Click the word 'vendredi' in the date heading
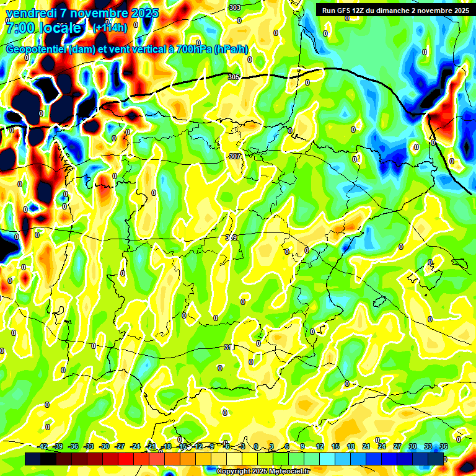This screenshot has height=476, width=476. (32, 13)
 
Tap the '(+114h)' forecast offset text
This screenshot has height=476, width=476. (110, 27)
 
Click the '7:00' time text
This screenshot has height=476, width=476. (19, 28)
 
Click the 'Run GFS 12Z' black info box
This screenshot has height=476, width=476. (394, 10)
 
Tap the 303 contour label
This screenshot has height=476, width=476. (234, 7)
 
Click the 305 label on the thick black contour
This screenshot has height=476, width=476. (234, 77)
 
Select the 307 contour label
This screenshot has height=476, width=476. (234, 156)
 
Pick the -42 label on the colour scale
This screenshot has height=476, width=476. (43, 447)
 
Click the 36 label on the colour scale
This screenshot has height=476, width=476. (444, 447)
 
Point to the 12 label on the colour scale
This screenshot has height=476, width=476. (320, 447)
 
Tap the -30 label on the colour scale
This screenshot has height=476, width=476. (105, 447)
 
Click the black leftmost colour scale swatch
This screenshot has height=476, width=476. (33, 459)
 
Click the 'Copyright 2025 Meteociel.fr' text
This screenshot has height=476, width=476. (263, 472)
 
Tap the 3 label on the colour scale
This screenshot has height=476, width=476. (272, 447)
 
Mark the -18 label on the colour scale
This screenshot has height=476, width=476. (166, 447)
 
